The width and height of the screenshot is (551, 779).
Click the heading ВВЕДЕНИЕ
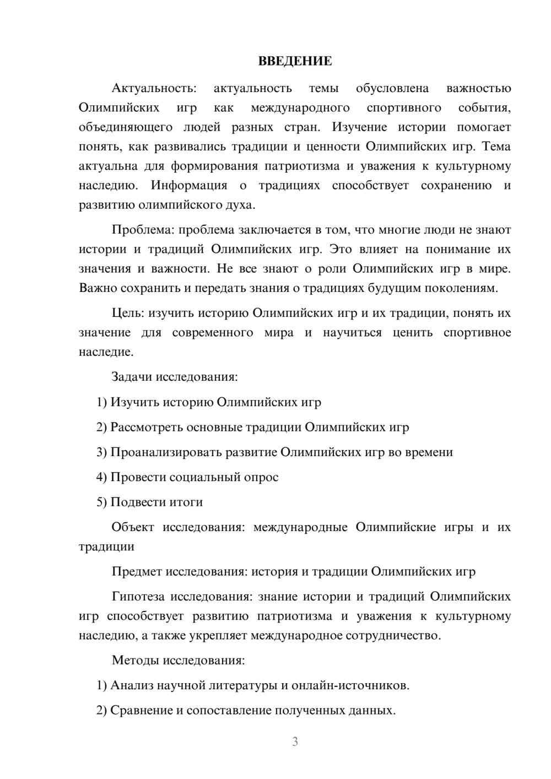[x=295, y=61]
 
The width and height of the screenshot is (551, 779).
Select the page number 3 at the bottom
[x=295, y=742]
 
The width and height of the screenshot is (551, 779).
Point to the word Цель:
[x=128, y=313]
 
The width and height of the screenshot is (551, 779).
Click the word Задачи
[x=132, y=377]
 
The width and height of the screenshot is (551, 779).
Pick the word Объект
[x=133, y=527]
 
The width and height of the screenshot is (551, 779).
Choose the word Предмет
[x=137, y=572]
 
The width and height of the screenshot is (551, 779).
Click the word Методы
[x=135, y=661]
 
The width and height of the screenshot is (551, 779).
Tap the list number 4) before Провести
[x=101, y=477]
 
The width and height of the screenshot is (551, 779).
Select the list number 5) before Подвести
[x=101, y=502]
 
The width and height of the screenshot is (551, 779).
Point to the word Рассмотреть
[x=147, y=428]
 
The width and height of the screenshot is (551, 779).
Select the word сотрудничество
[x=393, y=636]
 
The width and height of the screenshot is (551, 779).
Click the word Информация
[x=188, y=186]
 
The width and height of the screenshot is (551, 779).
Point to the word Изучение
[x=360, y=127]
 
